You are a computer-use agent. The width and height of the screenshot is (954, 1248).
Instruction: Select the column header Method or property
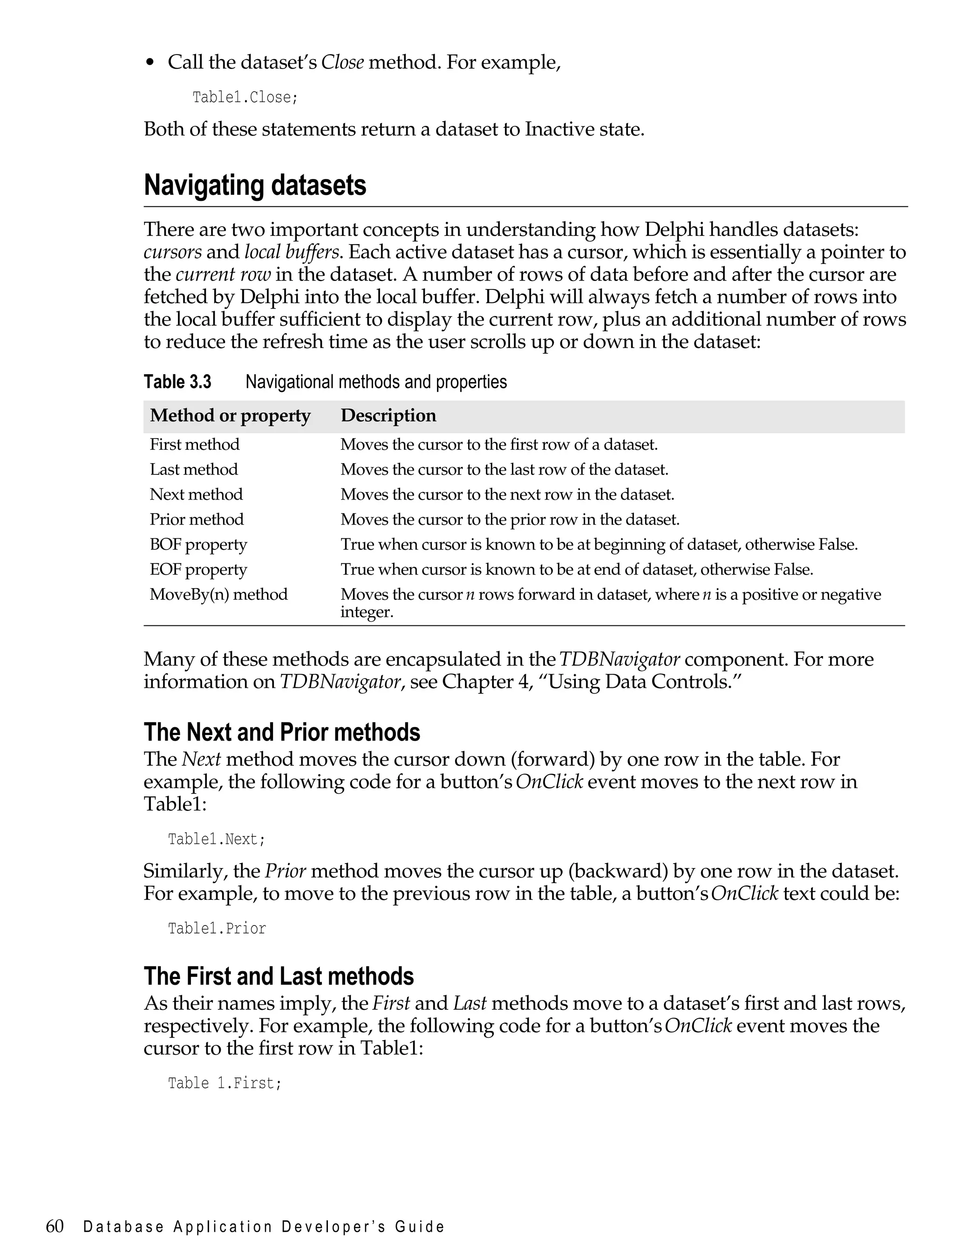230,415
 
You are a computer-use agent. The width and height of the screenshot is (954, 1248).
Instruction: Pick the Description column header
388,415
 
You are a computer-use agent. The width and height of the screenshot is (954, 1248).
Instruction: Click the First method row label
194,444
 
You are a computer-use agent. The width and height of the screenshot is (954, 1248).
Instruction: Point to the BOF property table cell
198,544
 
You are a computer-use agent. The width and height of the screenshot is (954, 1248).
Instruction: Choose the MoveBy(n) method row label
218,594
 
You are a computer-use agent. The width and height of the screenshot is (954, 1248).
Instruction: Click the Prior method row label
197,519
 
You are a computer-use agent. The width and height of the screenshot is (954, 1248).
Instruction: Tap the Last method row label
194,469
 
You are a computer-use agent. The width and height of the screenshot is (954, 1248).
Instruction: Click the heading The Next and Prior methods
282,732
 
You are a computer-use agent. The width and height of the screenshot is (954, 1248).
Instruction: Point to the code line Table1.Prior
216,928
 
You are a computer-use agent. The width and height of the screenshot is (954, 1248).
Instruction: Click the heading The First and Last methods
278,976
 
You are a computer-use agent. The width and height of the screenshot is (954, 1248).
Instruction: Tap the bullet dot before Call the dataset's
150,63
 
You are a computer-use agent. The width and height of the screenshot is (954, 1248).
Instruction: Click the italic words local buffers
291,252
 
